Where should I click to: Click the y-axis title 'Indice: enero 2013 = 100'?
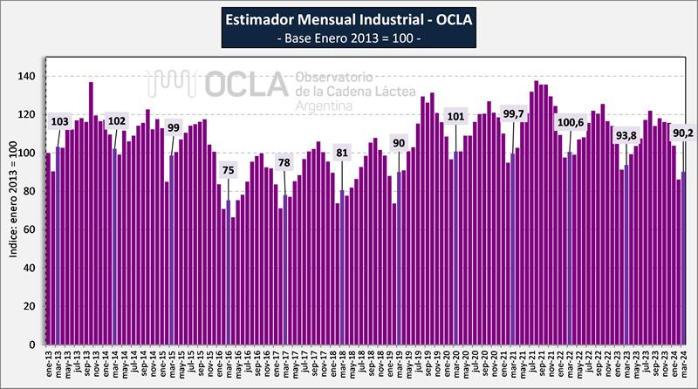12,209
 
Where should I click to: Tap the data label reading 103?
59,120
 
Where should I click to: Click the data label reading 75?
229,170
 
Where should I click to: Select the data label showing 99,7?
513,114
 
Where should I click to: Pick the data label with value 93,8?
626,135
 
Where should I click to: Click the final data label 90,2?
682,133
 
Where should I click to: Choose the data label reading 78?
284,163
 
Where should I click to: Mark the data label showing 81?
342,155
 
